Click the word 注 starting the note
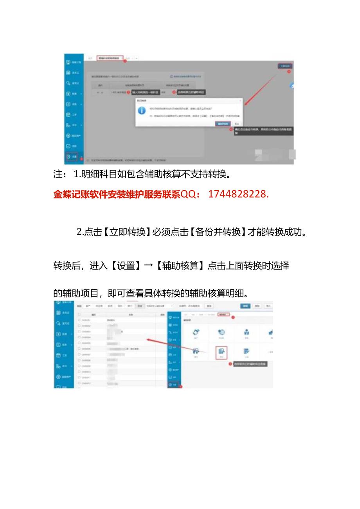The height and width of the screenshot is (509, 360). coord(58,174)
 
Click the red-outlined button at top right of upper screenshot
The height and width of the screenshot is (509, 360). coord(285,66)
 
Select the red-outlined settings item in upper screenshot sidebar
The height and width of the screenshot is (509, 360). coord(72,156)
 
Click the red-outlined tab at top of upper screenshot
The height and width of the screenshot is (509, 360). coord(110,58)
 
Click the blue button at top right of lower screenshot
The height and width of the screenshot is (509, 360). coord(245,306)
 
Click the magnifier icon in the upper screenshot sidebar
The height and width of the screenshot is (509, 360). coord(68,83)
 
